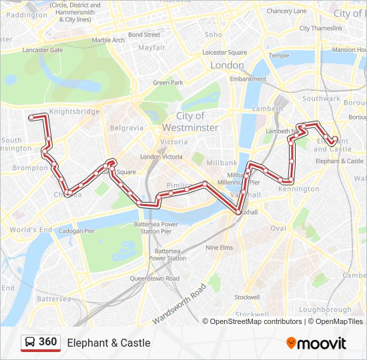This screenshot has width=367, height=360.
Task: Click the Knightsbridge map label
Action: coord(74,111)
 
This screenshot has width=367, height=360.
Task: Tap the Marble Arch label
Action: coord(108,40)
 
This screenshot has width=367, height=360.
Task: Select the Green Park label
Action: coord(167,83)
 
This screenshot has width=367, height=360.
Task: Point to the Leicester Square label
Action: coord(224,52)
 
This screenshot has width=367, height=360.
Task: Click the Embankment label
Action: coord(248,79)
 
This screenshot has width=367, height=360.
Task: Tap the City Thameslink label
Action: coord(320,28)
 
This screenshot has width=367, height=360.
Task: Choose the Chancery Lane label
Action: coord(286,11)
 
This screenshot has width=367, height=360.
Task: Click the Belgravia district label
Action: coord(127,127)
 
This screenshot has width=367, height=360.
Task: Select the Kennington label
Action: coord(298,189)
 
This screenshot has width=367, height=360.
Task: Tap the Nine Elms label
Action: coord(219,247)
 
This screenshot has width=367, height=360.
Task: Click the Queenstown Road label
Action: coord(154,278)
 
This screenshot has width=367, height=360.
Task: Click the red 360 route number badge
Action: coord(47,342)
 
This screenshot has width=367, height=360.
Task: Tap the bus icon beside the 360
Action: coord(30,343)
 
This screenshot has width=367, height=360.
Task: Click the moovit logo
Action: coord(316,343)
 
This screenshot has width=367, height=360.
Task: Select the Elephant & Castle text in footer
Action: coord(108,343)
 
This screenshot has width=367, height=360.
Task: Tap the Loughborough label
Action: coord(325,309)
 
